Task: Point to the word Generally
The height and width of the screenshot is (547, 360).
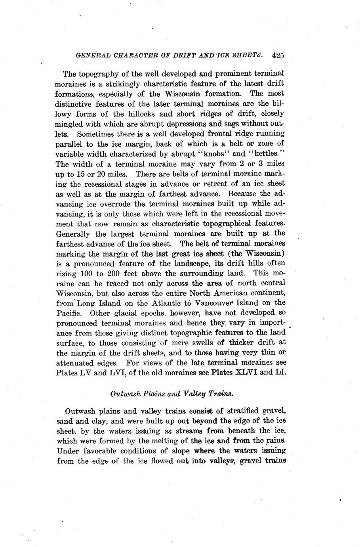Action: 74,233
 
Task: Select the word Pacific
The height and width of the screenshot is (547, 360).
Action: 67,313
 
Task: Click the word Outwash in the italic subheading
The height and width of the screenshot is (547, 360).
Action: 124,394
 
